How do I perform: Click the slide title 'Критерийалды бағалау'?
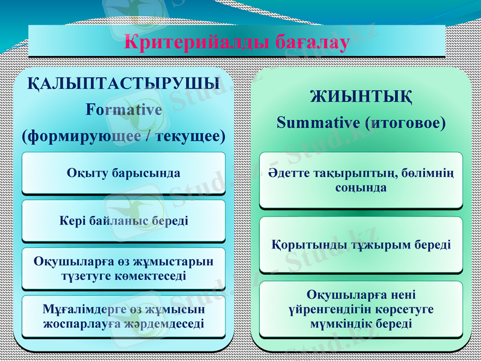tap(236, 43)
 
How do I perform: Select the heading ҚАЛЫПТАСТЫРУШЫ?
tap(124, 84)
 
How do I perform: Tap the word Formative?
tap(124, 110)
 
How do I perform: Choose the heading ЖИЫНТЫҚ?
tap(361, 96)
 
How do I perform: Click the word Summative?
tap(318, 123)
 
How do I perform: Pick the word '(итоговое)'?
tap(405, 123)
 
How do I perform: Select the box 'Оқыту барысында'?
tap(124, 173)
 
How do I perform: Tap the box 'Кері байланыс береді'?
tap(124, 221)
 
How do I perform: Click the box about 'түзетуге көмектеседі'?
tap(124, 268)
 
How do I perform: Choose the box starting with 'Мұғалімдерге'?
tap(124, 316)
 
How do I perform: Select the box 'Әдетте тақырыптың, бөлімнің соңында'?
tap(361, 180)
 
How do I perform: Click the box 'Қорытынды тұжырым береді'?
tap(361, 245)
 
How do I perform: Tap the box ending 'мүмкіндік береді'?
tap(361, 309)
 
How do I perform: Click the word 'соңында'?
tap(361, 188)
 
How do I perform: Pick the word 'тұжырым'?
tap(378, 245)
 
